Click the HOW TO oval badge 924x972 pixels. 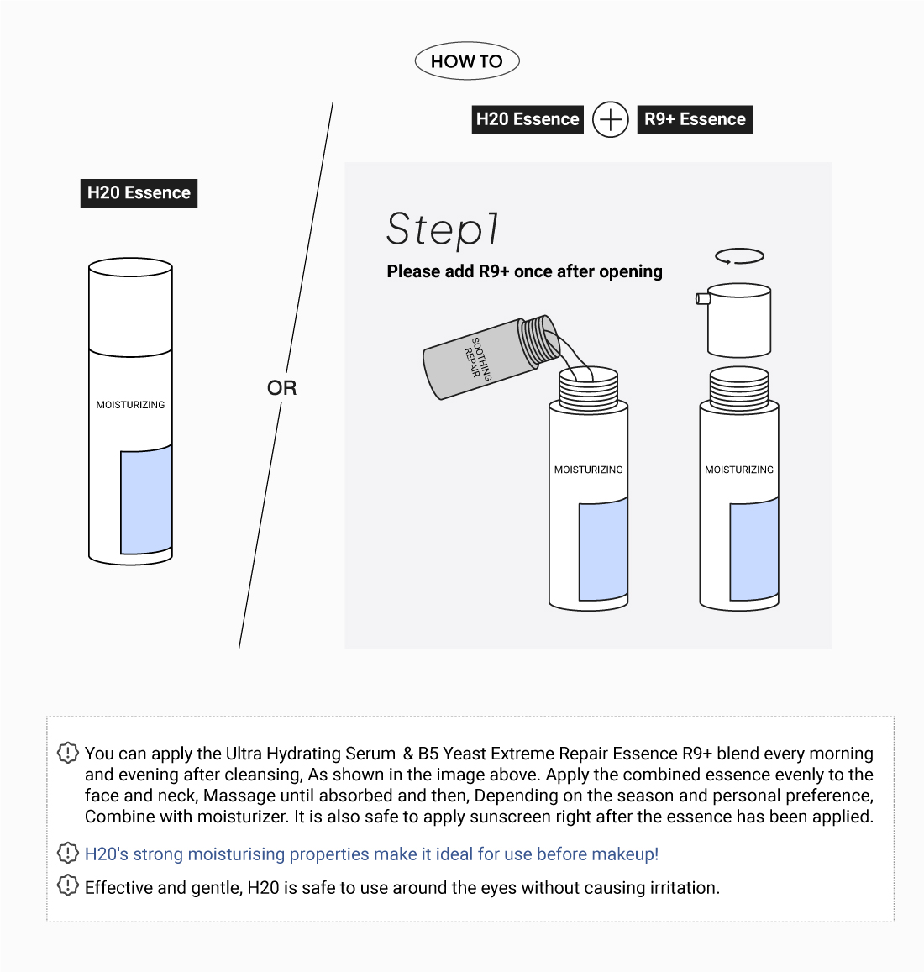click(x=467, y=61)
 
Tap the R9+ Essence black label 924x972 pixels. click(x=695, y=119)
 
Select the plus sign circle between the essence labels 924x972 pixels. click(x=611, y=119)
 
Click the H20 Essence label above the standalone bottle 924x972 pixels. click(x=139, y=192)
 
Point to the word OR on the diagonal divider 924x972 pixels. click(x=281, y=387)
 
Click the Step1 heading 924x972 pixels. click(x=443, y=229)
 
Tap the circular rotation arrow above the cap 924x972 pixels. click(x=739, y=256)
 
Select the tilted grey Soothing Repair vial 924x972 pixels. click(x=487, y=358)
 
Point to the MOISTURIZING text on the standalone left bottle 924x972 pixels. click(x=130, y=405)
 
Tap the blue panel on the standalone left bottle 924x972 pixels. click(x=146, y=502)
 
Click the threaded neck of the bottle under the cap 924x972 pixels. click(x=739, y=388)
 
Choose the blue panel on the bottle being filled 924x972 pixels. click(x=603, y=550)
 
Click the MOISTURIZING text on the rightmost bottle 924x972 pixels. click(x=739, y=470)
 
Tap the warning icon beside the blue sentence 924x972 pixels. click(x=67, y=853)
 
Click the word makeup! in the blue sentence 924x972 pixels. click(x=625, y=854)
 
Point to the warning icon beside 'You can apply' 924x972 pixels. click(x=67, y=753)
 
